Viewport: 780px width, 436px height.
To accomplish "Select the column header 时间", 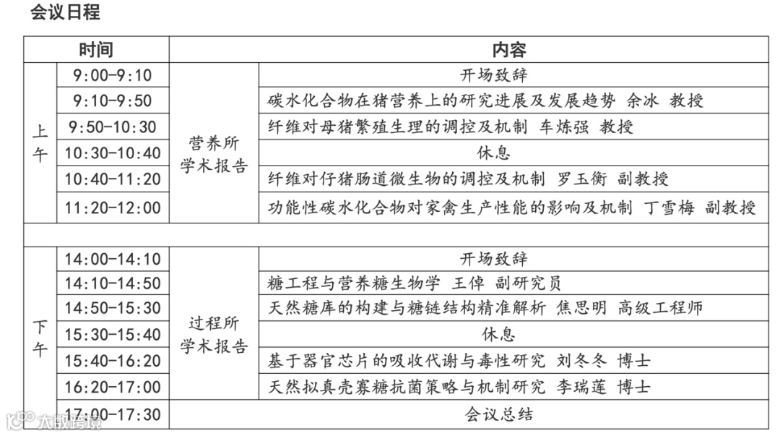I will tap(96, 50).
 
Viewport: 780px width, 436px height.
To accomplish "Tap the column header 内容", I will tap(509, 50).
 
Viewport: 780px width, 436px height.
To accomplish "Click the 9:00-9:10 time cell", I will tap(112, 75).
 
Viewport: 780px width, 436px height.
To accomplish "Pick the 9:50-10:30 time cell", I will tap(112, 127).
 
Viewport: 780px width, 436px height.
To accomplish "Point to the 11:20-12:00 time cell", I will tap(112, 208).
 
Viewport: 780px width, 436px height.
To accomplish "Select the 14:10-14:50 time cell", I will tap(112, 283).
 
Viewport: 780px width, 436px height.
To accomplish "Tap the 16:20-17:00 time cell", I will tap(112, 387).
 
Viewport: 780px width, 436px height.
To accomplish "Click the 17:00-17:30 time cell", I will tap(112, 415).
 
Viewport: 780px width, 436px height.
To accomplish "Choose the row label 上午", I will tap(40, 142).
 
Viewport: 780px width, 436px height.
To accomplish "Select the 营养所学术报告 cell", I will tap(214, 154).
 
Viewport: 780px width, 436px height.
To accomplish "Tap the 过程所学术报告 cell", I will tap(214, 335).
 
